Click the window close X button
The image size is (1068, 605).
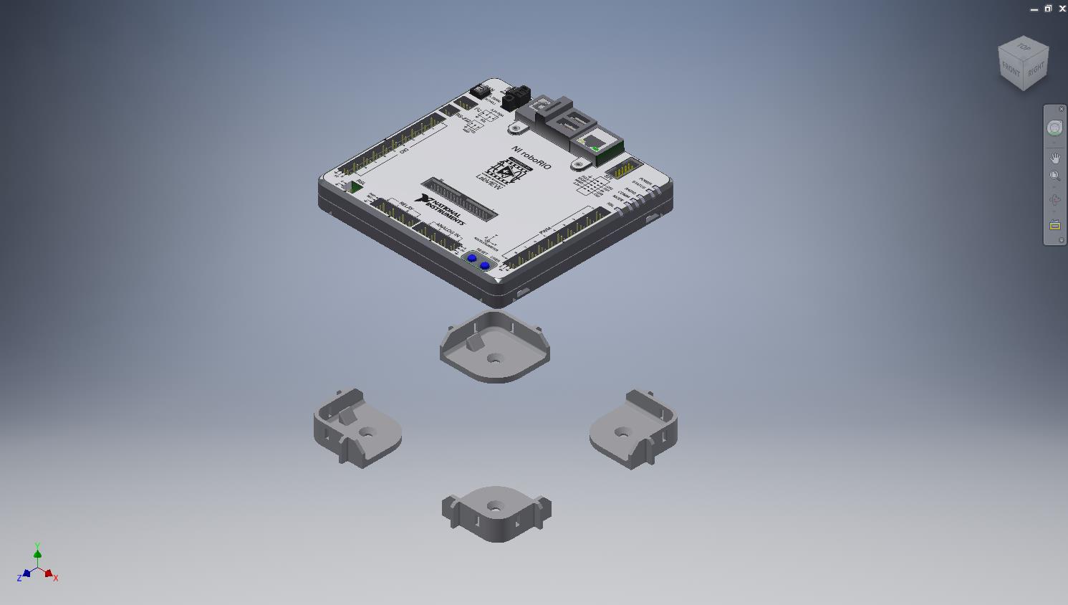tap(1062, 9)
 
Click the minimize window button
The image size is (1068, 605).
tap(1034, 9)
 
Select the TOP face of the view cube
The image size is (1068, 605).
tap(1024, 48)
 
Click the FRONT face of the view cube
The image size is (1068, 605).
tap(1011, 70)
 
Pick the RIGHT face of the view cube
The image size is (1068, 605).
tap(1036, 70)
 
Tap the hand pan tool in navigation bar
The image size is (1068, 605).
tap(1055, 158)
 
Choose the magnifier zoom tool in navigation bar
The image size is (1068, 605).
tap(1055, 176)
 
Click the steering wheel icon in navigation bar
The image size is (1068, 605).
tap(1054, 128)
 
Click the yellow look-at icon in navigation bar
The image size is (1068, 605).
tap(1055, 225)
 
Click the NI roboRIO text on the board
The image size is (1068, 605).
tap(531, 157)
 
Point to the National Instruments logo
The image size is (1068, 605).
tap(443, 210)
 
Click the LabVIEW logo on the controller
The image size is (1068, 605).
tap(500, 173)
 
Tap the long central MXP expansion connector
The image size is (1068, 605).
tap(460, 199)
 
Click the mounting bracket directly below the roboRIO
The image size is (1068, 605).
tap(494, 347)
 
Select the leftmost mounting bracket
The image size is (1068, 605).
tap(357, 429)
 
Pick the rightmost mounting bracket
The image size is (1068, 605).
tap(633, 429)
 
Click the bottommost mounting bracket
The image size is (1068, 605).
tap(496, 513)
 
